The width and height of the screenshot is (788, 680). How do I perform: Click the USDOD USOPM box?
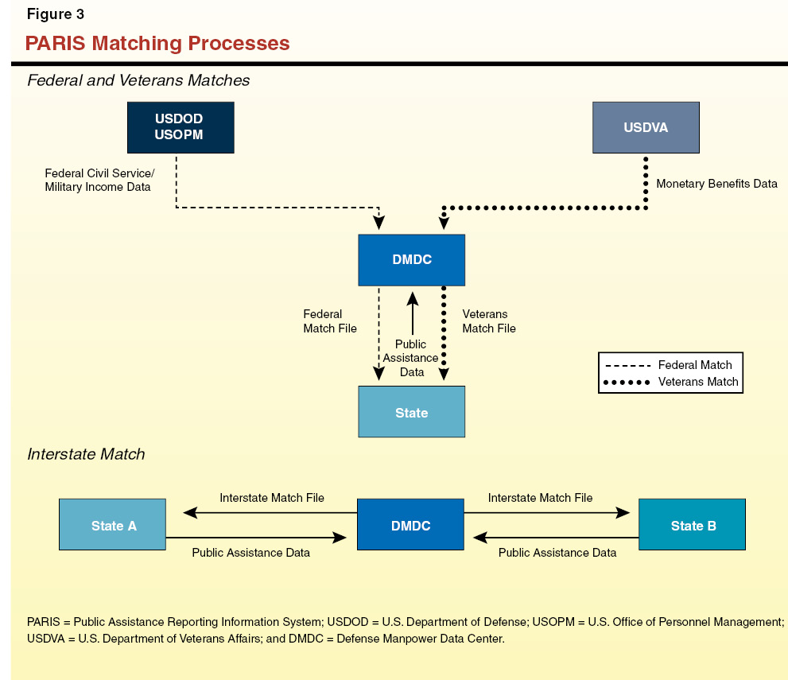point(181,127)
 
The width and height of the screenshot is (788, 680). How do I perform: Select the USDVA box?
point(646,127)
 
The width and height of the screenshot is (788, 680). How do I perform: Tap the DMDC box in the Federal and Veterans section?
point(411,260)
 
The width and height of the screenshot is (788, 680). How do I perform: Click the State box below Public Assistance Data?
point(411,412)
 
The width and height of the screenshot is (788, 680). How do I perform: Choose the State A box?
point(112,525)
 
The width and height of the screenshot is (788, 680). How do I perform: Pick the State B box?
point(692,525)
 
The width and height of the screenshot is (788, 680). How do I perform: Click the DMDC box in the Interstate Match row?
point(410,525)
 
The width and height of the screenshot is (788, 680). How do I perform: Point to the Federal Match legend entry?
point(670,365)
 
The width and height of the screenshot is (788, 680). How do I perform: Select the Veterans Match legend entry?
point(670,382)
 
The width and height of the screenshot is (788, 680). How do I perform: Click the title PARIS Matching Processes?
point(157,43)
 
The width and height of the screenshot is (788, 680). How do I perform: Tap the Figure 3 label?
point(56,14)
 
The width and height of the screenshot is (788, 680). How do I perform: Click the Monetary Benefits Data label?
point(716,184)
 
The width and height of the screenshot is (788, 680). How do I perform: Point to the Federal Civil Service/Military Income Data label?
point(99,180)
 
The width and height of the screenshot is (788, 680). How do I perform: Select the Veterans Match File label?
point(488,321)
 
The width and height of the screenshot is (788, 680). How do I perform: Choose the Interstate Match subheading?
point(86,454)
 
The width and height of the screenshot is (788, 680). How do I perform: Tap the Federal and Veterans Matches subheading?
point(138,80)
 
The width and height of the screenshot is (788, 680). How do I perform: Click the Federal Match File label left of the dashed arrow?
point(329,321)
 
